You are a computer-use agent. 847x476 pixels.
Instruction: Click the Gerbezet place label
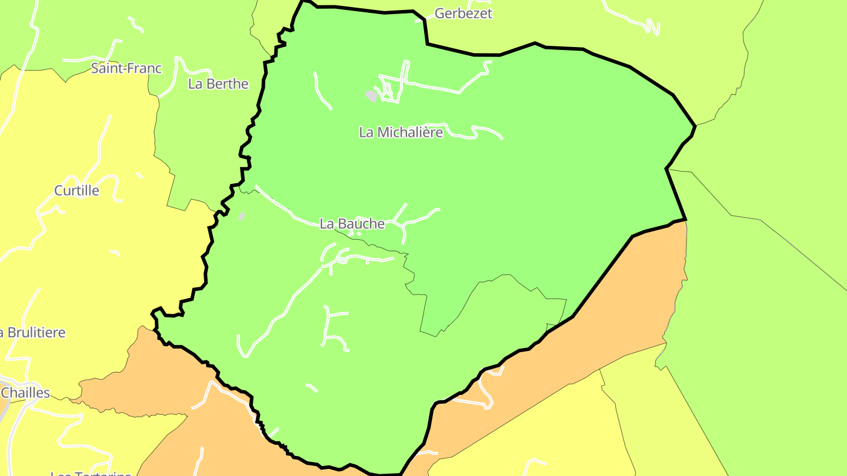(x=463, y=14)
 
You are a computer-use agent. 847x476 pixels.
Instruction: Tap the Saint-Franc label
(x=126, y=68)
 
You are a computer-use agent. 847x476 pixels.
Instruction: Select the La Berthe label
(x=218, y=83)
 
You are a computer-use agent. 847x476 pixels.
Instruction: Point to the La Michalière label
(x=401, y=132)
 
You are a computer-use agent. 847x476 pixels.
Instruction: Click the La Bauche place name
(x=352, y=223)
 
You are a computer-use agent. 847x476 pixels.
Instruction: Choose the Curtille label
(x=76, y=190)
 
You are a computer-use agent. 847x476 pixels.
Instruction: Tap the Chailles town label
(x=26, y=392)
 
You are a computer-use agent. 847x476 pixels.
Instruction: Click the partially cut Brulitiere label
(x=33, y=333)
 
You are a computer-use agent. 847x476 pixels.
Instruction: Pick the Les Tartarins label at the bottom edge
(x=91, y=472)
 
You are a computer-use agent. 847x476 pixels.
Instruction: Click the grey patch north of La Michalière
(x=371, y=95)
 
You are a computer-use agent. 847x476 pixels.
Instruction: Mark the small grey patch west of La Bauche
(x=241, y=216)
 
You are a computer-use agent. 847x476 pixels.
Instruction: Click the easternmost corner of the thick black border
(x=695, y=126)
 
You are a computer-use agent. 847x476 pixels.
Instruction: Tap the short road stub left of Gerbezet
(x=420, y=20)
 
